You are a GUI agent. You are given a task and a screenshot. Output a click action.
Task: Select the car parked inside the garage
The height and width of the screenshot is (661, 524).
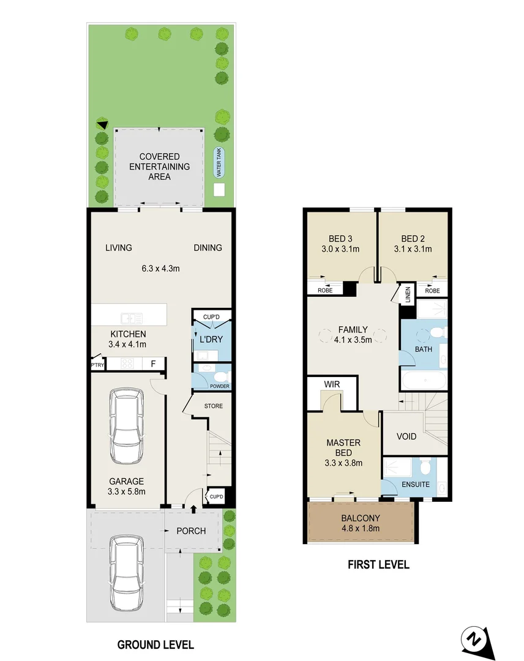point(127,428)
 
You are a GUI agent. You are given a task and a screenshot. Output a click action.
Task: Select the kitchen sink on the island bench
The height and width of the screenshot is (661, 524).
point(132,318)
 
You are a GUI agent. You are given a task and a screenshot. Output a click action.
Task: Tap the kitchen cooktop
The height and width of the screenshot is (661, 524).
point(127,363)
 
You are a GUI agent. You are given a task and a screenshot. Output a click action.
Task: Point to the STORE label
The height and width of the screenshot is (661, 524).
point(213,406)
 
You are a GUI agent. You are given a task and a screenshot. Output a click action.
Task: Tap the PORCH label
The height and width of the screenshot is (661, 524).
point(192,531)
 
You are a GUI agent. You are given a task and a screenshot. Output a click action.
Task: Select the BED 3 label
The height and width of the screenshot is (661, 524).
point(339,239)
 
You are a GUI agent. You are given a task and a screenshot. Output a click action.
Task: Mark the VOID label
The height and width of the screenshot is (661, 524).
point(406,436)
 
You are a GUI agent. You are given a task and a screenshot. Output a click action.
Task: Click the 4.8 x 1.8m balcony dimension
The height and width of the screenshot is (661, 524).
point(361,528)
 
